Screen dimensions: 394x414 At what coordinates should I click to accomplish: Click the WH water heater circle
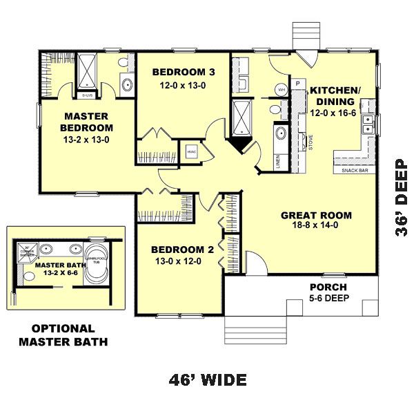(x=282, y=90)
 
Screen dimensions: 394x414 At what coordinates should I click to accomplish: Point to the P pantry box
(x=298, y=84)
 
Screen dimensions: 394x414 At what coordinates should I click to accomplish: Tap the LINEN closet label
(x=278, y=162)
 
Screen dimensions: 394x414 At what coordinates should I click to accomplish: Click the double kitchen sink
(x=370, y=124)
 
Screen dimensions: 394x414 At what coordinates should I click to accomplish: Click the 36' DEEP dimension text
(x=402, y=200)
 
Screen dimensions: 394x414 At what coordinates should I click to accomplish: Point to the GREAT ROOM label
(x=316, y=215)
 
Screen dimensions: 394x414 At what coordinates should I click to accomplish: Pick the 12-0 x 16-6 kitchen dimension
(x=333, y=113)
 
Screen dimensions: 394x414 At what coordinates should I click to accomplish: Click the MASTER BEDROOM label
(x=86, y=122)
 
